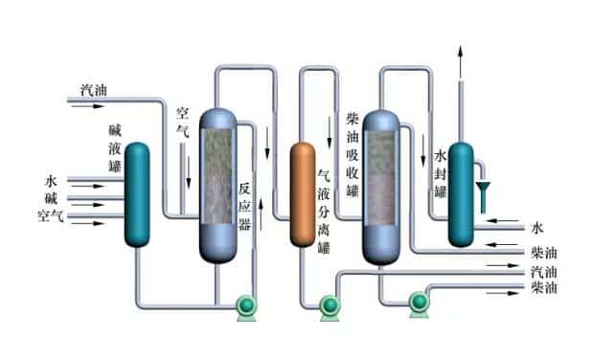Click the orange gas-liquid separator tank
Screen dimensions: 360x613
303,192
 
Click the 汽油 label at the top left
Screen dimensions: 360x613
93,91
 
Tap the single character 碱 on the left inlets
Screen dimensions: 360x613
52,198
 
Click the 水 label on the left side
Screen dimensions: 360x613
52,180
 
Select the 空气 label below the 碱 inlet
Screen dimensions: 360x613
52,216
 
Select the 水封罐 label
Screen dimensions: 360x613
441,173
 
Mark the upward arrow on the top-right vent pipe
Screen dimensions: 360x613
461,51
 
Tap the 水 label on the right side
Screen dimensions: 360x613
537,228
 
